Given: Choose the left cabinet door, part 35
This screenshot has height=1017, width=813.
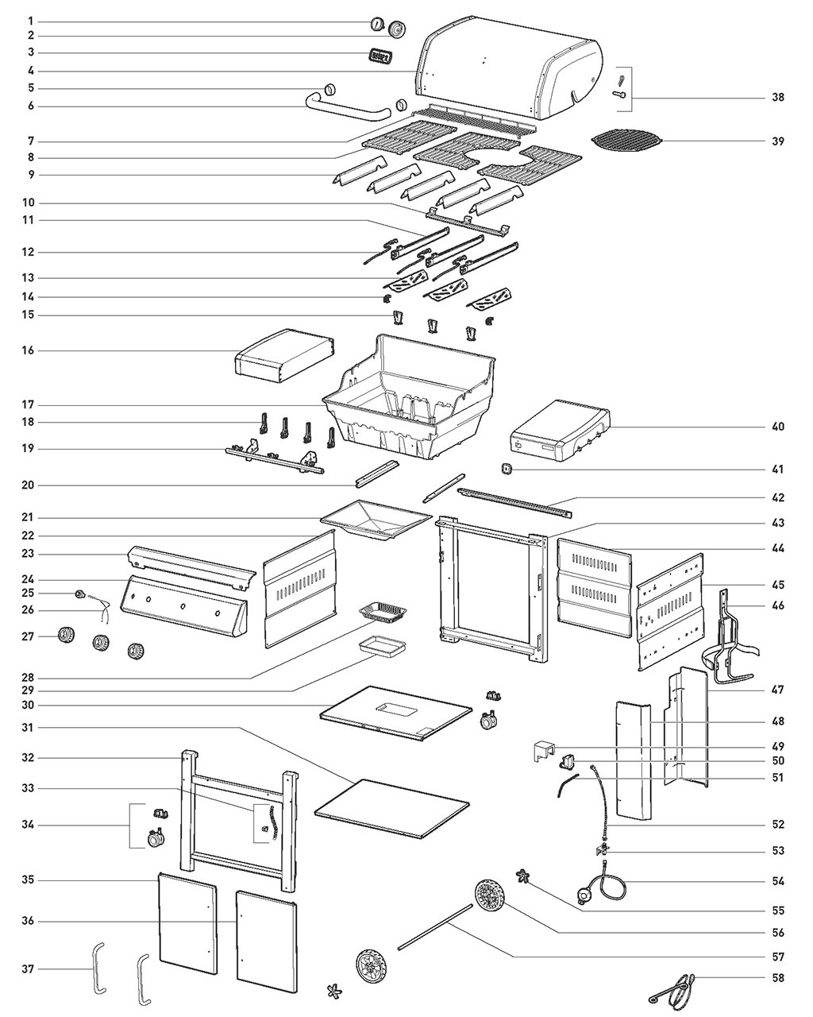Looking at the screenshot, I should pos(187,924).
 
